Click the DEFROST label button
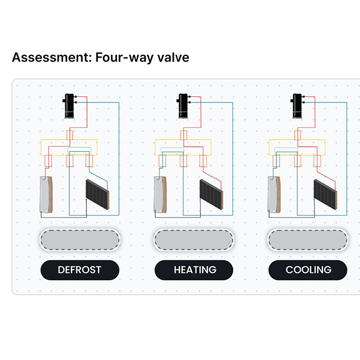[x=80, y=270]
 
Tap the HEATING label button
[x=194, y=270]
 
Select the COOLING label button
[x=307, y=270]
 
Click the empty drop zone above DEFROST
[x=80, y=240]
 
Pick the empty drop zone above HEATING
[x=194, y=240]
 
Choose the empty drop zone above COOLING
[x=307, y=240]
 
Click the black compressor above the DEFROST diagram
[x=70, y=106]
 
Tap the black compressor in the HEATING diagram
[x=183, y=106]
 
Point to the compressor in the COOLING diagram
[x=297, y=106]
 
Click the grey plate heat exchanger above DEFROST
[x=46, y=195]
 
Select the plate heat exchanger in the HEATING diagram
[x=160, y=195]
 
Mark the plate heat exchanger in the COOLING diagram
[x=274, y=195]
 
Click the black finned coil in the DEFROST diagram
[x=97, y=194]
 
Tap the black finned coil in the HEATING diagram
[x=212, y=194]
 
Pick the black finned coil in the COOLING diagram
[x=325, y=194]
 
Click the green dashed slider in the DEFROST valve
[x=79, y=151]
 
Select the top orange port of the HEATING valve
[x=183, y=135]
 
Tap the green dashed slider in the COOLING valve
[x=286, y=151]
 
